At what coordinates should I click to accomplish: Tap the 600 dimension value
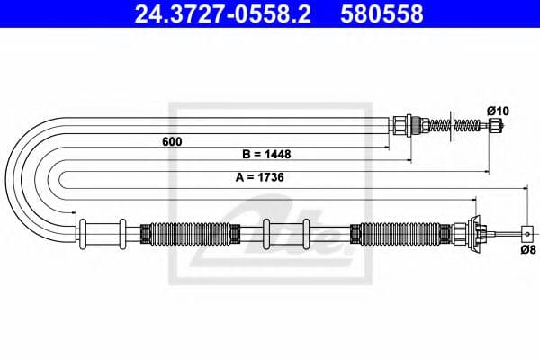tap(170, 141)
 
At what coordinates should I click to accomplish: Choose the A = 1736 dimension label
tap(260, 178)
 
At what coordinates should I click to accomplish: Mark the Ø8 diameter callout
tap(527, 249)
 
